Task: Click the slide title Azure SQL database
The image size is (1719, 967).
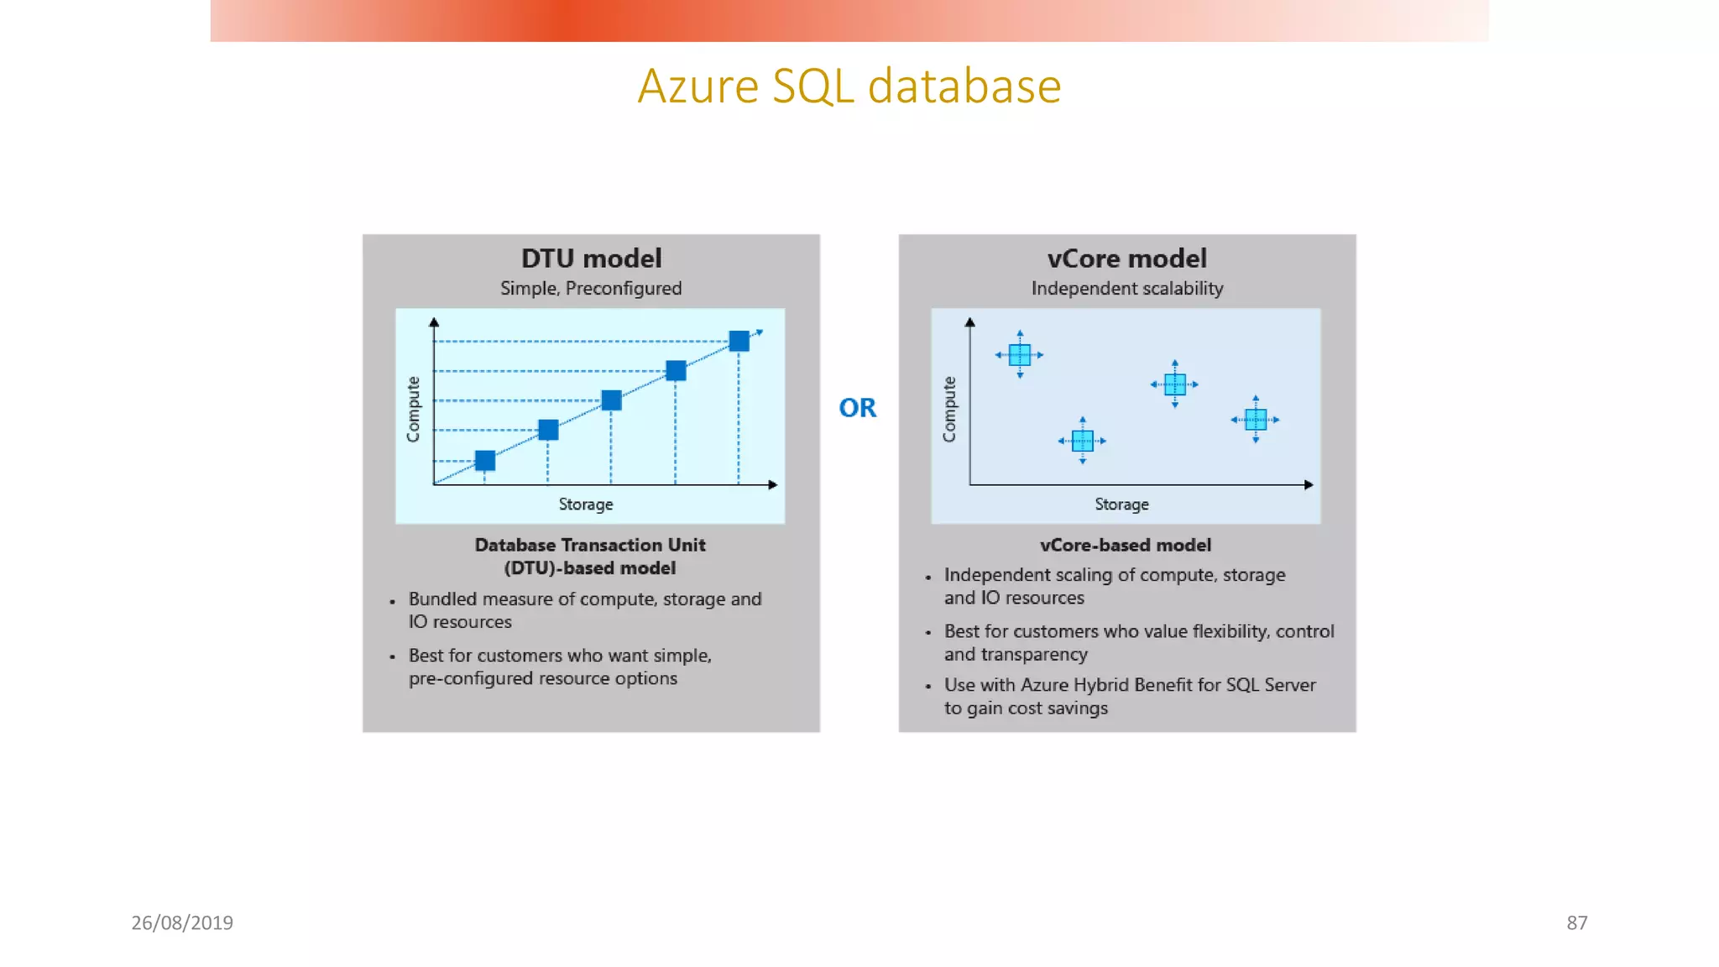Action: (x=849, y=86)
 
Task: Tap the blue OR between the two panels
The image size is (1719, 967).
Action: (x=857, y=408)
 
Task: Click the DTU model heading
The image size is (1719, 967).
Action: (x=591, y=259)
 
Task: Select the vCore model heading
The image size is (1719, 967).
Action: (x=1126, y=259)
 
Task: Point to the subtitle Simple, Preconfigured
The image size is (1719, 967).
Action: (x=591, y=289)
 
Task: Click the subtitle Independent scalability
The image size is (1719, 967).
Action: (x=1126, y=289)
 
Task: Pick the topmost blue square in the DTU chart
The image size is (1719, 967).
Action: (x=739, y=341)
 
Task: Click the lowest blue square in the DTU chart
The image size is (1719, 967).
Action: (x=485, y=460)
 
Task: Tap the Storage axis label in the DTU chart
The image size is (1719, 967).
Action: (x=586, y=504)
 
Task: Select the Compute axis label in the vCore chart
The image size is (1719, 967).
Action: (x=949, y=409)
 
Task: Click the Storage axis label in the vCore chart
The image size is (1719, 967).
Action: (x=1121, y=504)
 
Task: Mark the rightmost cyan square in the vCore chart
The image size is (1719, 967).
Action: (x=1256, y=419)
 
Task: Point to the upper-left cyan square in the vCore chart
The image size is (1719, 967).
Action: (x=1020, y=355)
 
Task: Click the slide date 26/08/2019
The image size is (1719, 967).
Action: (x=182, y=923)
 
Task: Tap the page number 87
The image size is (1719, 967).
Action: (x=1576, y=923)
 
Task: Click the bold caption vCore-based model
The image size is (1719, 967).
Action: (x=1126, y=546)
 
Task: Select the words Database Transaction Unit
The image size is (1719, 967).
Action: (x=590, y=546)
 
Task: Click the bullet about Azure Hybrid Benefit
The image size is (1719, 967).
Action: (x=1129, y=696)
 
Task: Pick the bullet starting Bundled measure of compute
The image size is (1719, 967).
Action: (x=584, y=610)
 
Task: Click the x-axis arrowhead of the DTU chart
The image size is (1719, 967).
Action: (x=772, y=484)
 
